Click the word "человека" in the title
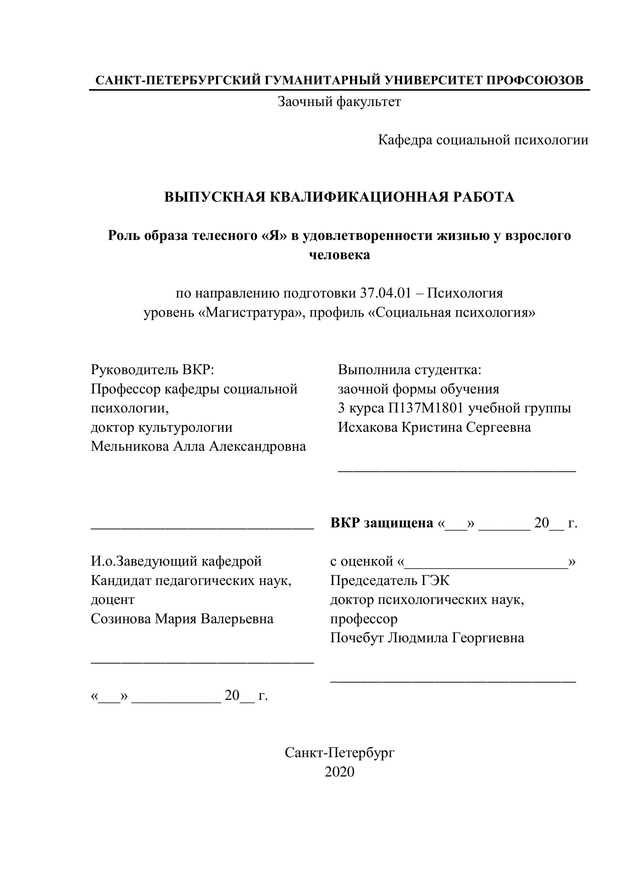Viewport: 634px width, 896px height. point(339,255)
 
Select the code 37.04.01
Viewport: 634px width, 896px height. point(385,293)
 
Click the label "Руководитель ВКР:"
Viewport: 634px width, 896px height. point(153,370)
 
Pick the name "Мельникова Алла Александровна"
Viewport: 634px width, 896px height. point(198,446)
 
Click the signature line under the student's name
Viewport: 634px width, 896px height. point(456,471)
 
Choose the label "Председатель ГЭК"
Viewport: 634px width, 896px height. point(390,580)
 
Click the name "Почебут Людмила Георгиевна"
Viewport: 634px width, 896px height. point(427,638)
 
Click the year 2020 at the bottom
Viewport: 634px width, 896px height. point(339,772)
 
